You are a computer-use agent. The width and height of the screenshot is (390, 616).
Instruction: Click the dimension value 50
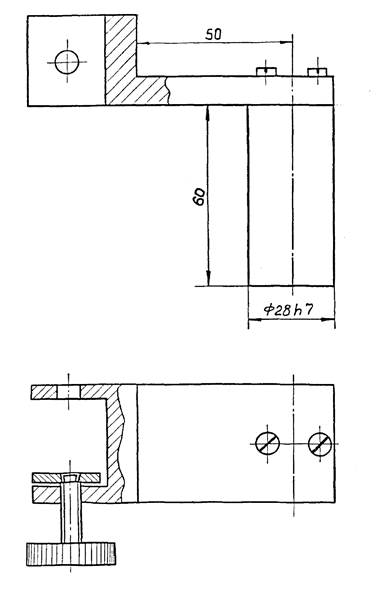click(x=213, y=34)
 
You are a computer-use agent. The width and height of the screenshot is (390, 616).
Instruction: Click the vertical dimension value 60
click(x=199, y=196)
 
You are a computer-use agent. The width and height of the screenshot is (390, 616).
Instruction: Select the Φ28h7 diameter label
click(x=289, y=310)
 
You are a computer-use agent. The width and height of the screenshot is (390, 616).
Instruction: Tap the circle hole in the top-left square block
click(x=67, y=62)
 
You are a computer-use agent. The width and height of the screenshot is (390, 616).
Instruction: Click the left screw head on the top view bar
click(x=266, y=72)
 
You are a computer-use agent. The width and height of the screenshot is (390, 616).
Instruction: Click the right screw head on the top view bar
click(x=317, y=72)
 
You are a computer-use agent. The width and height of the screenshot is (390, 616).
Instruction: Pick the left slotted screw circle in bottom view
click(x=267, y=444)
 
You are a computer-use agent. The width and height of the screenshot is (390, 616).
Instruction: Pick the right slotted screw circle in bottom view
click(x=320, y=444)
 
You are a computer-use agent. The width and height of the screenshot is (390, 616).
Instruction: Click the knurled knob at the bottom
click(x=71, y=554)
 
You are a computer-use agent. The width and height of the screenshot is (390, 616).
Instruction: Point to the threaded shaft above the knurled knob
click(x=71, y=511)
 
